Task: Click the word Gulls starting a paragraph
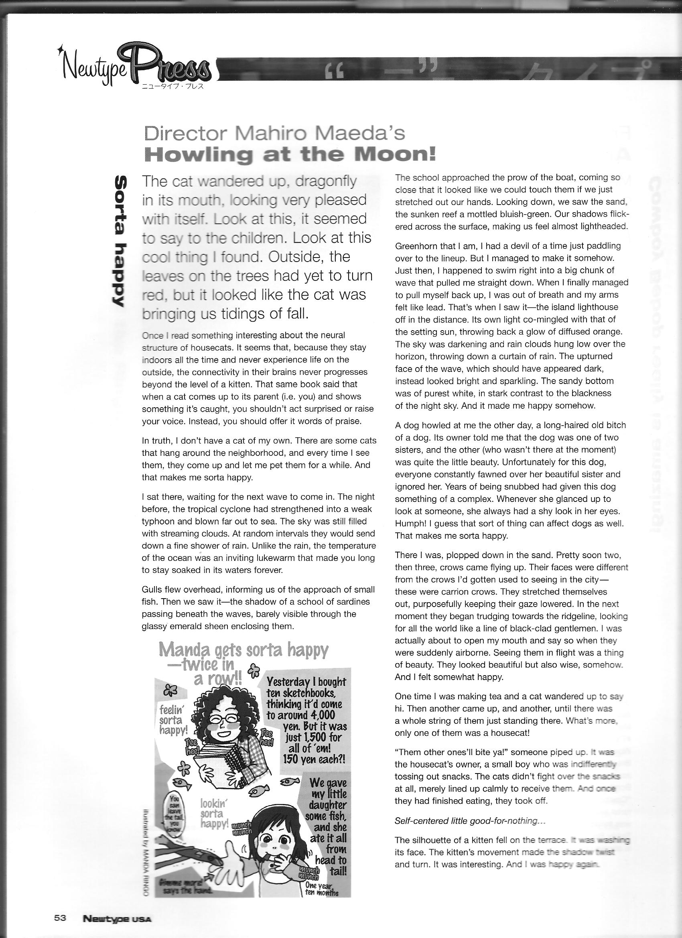pyautogui.click(x=152, y=589)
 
